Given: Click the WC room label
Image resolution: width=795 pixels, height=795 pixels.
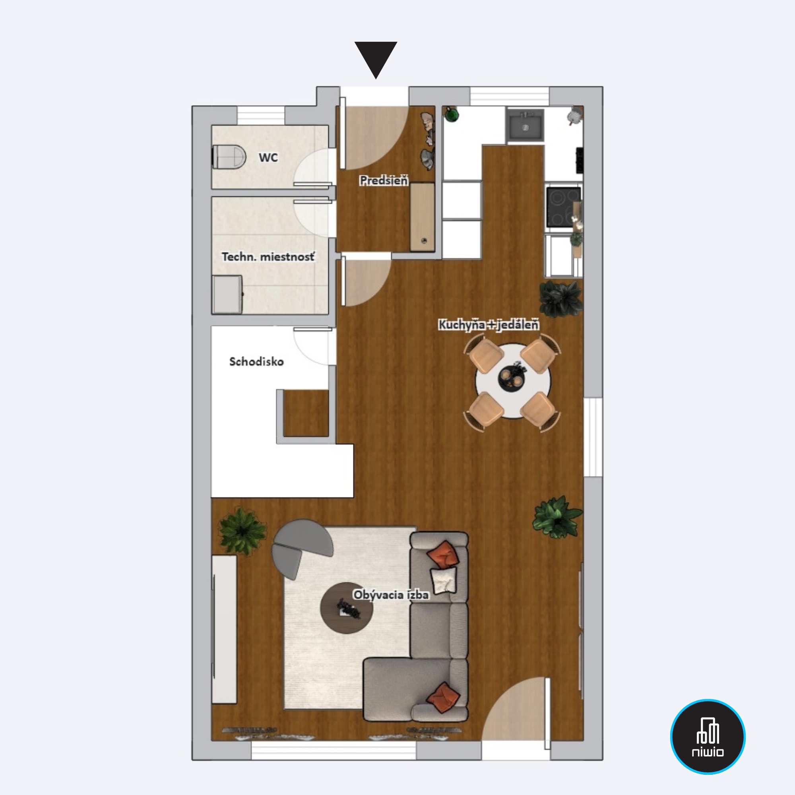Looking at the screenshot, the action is click(x=268, y=157).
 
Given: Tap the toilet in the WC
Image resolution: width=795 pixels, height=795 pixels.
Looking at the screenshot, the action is click(x=229, y=156).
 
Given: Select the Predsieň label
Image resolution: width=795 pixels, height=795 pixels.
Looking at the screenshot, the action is click(x=384, y=180).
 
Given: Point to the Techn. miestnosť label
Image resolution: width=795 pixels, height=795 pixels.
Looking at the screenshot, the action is click(x=268, y=257).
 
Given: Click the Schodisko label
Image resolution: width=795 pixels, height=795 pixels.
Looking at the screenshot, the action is click(x=256, y=362).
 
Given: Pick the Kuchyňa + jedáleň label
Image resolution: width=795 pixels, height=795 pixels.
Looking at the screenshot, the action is click(x=489, y=325).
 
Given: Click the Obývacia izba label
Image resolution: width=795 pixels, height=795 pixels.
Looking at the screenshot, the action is click(x=391, y=595).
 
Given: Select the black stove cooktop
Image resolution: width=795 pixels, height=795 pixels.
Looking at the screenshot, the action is click(x=563, y=207).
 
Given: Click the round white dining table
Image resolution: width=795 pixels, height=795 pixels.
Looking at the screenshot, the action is click(x=513, y=381).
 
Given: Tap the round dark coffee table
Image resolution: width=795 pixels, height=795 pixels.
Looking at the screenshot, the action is click(x=347, y=608).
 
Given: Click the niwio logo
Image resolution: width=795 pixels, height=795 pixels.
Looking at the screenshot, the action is click(x=708, y=736).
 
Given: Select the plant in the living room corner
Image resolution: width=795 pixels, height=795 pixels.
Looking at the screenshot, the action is click(x=242, y=531).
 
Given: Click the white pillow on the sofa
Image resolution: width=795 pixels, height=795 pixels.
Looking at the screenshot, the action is click(x=444, y=580).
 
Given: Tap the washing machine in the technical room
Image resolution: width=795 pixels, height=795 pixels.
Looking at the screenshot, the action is click(x=227, y=295).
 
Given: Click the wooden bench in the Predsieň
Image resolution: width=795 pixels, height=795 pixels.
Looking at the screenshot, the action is click(x=422, y=217).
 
